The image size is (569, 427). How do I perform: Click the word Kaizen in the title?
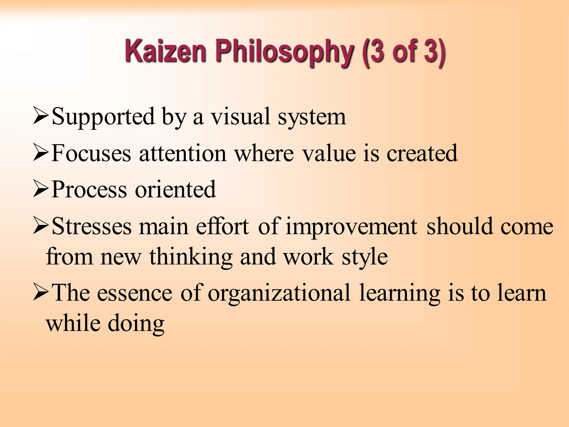(166, 51)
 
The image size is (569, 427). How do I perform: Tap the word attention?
(183, 153)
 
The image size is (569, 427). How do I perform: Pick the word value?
(329, 153)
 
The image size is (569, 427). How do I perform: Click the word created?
(422, 153)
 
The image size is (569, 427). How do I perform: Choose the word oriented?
(175, 190)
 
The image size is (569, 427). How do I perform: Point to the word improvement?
(351, 227)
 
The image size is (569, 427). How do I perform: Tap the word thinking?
(191, 257)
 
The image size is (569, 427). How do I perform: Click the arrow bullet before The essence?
(41, 293)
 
